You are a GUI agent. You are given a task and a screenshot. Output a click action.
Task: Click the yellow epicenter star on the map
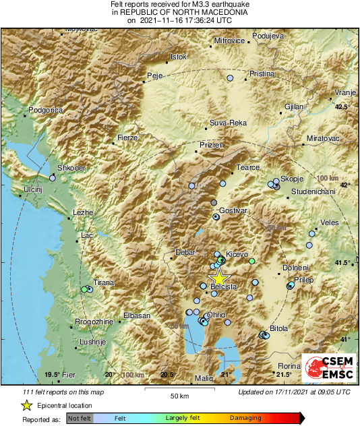point(218,277)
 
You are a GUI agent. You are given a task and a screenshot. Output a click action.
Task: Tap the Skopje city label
point(289,178)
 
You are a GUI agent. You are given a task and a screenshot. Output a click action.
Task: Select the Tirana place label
point(103,283)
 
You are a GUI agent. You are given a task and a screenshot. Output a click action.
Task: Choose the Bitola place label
point(278,328)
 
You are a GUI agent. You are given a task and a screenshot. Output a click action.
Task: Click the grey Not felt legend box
point(78,419)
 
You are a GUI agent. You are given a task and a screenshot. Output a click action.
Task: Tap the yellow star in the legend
point(26,405)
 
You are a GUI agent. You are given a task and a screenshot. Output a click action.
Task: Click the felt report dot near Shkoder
point(53,179)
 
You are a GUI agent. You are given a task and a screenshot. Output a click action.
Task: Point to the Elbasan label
point(136,315)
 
